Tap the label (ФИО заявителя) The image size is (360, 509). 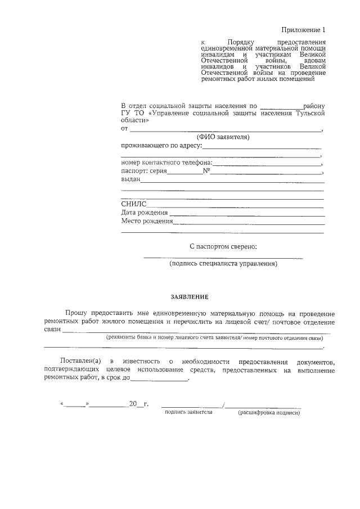click(x=223, y=137)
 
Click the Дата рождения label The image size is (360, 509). click(x=145, y=213)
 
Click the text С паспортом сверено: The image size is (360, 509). click(x=223, y=246)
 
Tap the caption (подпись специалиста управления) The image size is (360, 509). click(x=223, y=263)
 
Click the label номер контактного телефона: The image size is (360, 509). click(x=166, y=163)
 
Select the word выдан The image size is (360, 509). click(x=130, y=180)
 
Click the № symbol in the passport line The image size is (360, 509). click(x=206, y=172)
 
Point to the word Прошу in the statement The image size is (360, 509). click(x=76, y=313)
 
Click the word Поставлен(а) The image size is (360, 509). click(x=80, y=360)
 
